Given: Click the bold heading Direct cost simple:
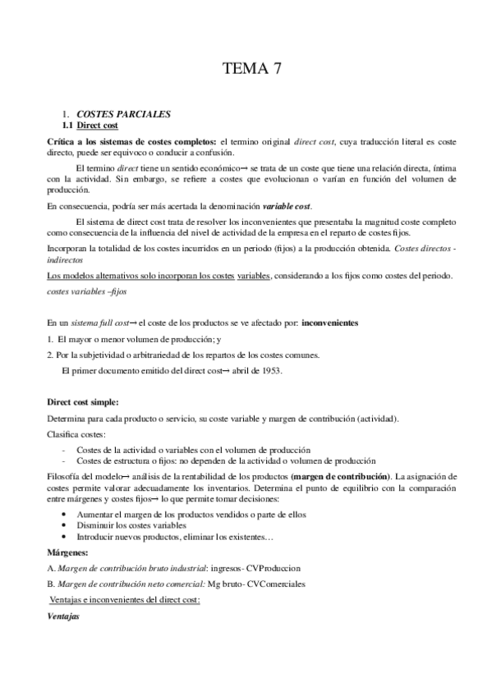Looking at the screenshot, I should click(x=82, y=401).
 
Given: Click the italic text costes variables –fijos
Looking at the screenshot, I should click(x=86, y=291).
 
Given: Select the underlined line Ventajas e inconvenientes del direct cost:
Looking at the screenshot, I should click(x=125, y=599).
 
